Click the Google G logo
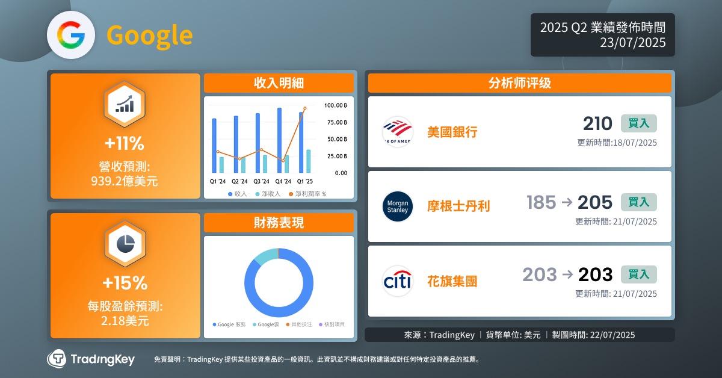(71, 35)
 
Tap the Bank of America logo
(398, 132)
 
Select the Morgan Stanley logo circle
(398, 206)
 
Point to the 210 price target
(597, 123)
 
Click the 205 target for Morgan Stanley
(594, 203)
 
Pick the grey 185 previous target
(541, 203)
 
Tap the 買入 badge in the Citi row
(638, 274)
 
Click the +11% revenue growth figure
(125, 143)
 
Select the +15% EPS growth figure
(125, 283)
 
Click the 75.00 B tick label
(337, 122)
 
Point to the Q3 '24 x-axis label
(261, 182)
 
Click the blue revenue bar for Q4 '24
(279, 140)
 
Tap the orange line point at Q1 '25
(305, 108)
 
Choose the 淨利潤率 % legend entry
(307, 194)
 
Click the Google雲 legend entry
(266, 324)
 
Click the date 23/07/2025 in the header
(632, 43)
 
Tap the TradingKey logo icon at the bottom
(57, 359)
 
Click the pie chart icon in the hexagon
(125, 244)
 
